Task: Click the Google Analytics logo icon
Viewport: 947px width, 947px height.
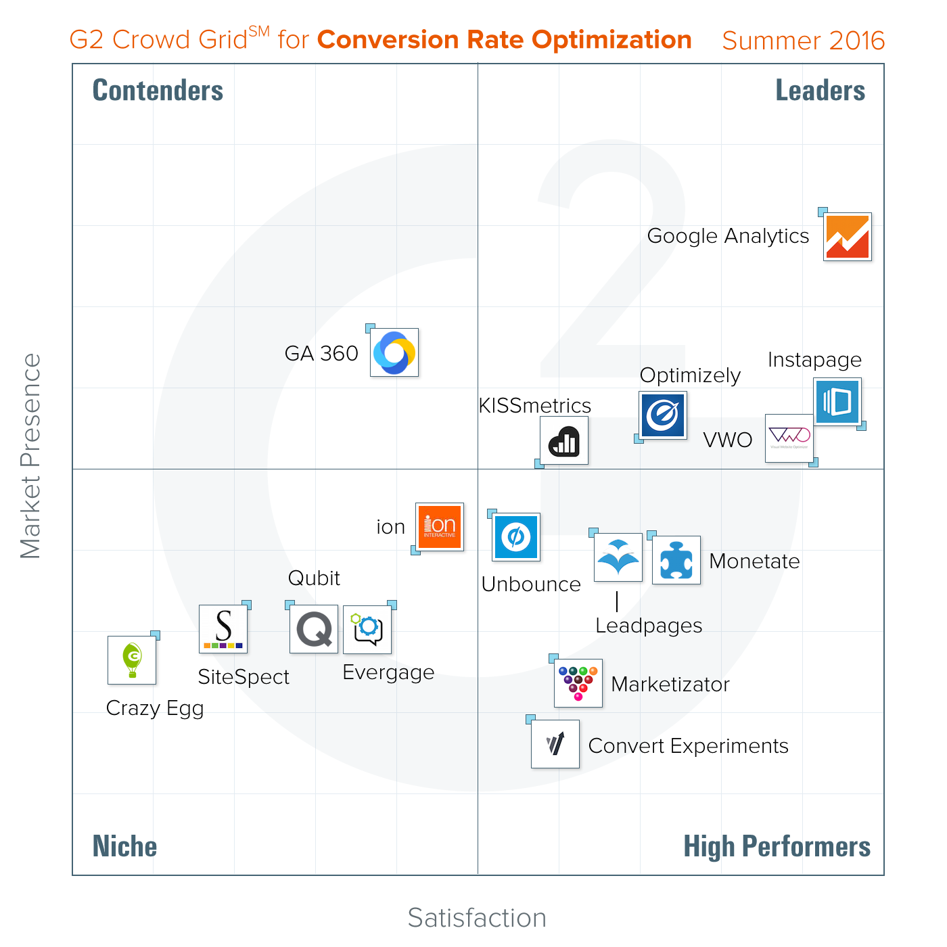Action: tap(847, 237)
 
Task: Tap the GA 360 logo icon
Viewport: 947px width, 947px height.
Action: tap(394, 352)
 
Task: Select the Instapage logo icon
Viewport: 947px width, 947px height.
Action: tap(837, 401)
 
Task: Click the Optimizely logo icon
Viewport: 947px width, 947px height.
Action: tap(663, 415)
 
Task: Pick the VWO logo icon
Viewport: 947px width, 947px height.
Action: tap(789, 438)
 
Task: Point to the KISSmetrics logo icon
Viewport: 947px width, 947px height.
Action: tap(564, 440)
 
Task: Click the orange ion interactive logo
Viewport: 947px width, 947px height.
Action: tap(440, 526)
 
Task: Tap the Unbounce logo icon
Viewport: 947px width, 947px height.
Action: tap(516, 537)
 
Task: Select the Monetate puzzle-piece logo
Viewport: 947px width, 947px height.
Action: tap(676, 559)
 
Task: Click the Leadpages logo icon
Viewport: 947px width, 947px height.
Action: tap(618, 557)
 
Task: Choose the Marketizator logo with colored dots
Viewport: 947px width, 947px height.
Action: tap(578, 683)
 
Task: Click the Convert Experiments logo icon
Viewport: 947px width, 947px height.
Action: tap(555, 744)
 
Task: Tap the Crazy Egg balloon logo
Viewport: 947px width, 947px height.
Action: tap(132, 660)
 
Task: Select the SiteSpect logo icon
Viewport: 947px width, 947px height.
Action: tap(223, 629)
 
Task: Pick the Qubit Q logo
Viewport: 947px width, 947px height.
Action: tap(314, 629)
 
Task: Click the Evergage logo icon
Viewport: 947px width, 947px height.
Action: tap(367, 629)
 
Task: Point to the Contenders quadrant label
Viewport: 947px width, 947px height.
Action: tap(158, 91)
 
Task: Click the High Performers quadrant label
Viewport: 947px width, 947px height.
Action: tap(777, 846)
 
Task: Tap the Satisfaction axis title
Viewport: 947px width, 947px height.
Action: tap(477, 918)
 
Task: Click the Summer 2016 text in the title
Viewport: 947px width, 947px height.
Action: tap(803, 41)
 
